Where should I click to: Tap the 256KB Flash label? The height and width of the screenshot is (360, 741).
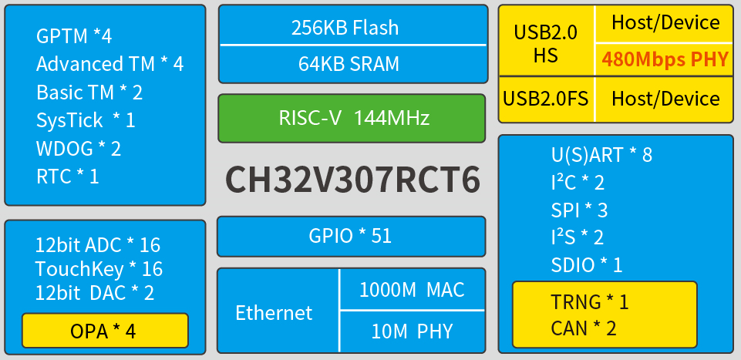click(x=345, y=28)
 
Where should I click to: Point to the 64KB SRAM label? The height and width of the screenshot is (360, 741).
click(x=349, y=63)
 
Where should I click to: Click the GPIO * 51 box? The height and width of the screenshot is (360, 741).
click(x=352, y=236)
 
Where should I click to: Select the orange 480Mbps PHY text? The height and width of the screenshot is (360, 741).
click(x=665, y=59)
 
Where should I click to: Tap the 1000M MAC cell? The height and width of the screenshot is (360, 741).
click(x=412, y=290)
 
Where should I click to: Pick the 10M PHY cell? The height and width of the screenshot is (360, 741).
click(x=412, y=331)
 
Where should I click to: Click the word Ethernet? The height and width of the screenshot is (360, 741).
click(x=274, y=312)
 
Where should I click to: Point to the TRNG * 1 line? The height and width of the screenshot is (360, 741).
click(x=589, y=301)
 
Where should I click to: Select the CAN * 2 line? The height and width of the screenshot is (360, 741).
click(x=583, y=328)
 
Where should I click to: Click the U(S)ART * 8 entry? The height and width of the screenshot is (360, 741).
click(x=601, y=155)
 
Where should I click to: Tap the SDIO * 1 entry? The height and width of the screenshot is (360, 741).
click(x=586, y=265)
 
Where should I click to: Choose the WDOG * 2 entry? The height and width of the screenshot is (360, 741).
click(x=78, y=148)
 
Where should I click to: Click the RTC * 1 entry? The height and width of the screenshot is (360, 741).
click(x=67, y=177)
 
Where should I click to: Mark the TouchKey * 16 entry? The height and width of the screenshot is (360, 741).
click(x=99, y=269)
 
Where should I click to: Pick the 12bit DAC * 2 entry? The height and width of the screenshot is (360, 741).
click(x=94, y=293)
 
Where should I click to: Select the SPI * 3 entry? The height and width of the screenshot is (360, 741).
click(x=579, y=210)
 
